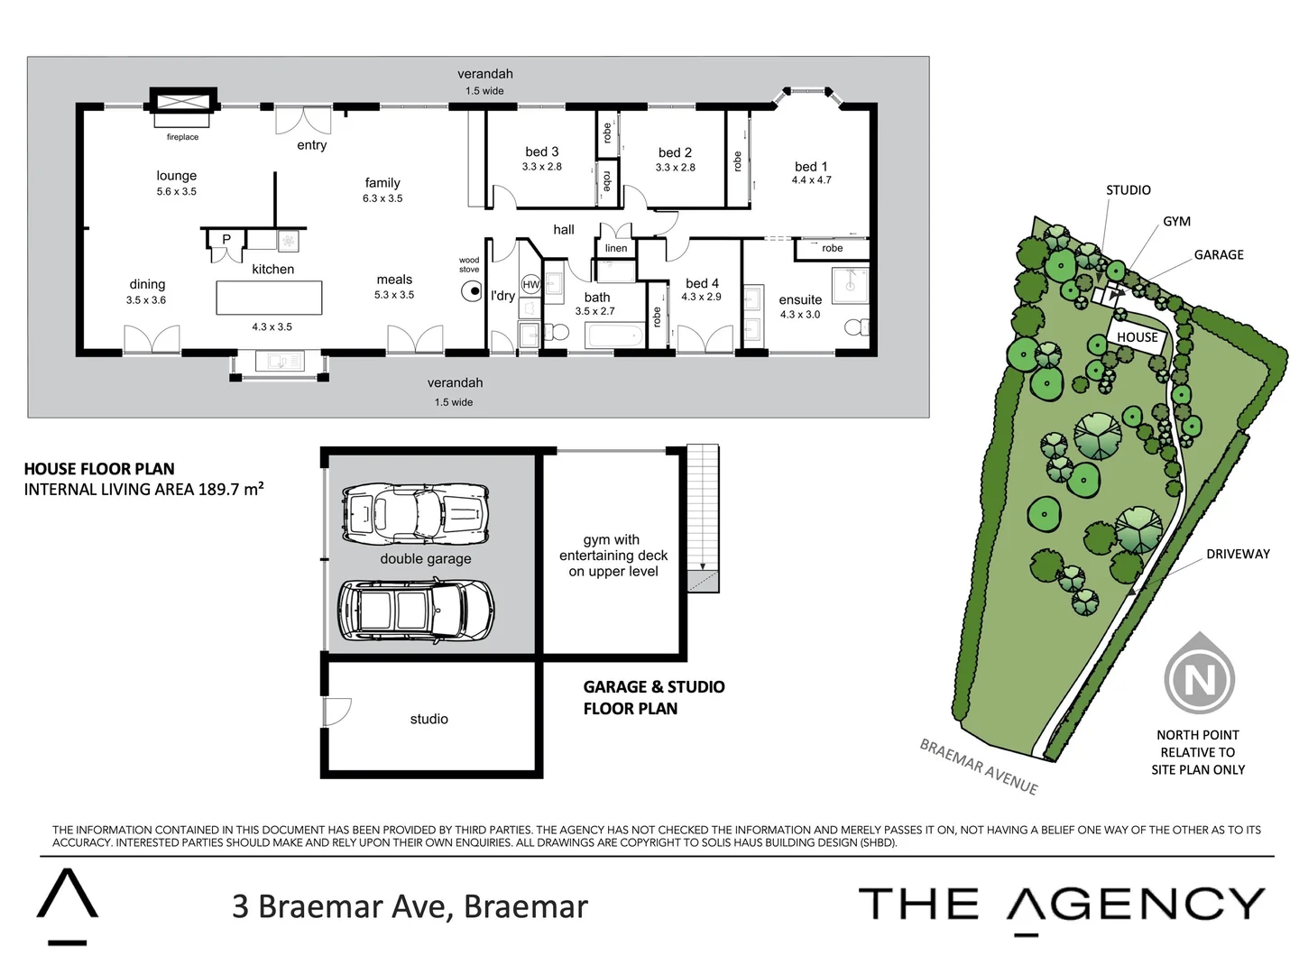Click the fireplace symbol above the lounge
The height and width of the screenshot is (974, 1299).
[183, 101]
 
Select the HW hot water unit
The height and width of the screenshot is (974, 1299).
[530, 284]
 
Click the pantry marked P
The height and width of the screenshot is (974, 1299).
[226, 240]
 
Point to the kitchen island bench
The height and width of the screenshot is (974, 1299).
[269, 298]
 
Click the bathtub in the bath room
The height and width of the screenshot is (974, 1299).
[614, 336]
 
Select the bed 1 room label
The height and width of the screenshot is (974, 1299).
[811, 167]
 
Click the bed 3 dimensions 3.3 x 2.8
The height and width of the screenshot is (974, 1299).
[541, 167]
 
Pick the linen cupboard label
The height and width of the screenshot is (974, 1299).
[616, 248]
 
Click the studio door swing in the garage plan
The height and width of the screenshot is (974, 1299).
[336, 711]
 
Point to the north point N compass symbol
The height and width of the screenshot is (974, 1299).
[1199, 677]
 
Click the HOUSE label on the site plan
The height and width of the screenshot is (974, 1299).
[1137, 337]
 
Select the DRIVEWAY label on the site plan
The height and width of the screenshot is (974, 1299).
[1238, 554]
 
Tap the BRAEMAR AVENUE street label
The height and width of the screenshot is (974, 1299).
[979, 767]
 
